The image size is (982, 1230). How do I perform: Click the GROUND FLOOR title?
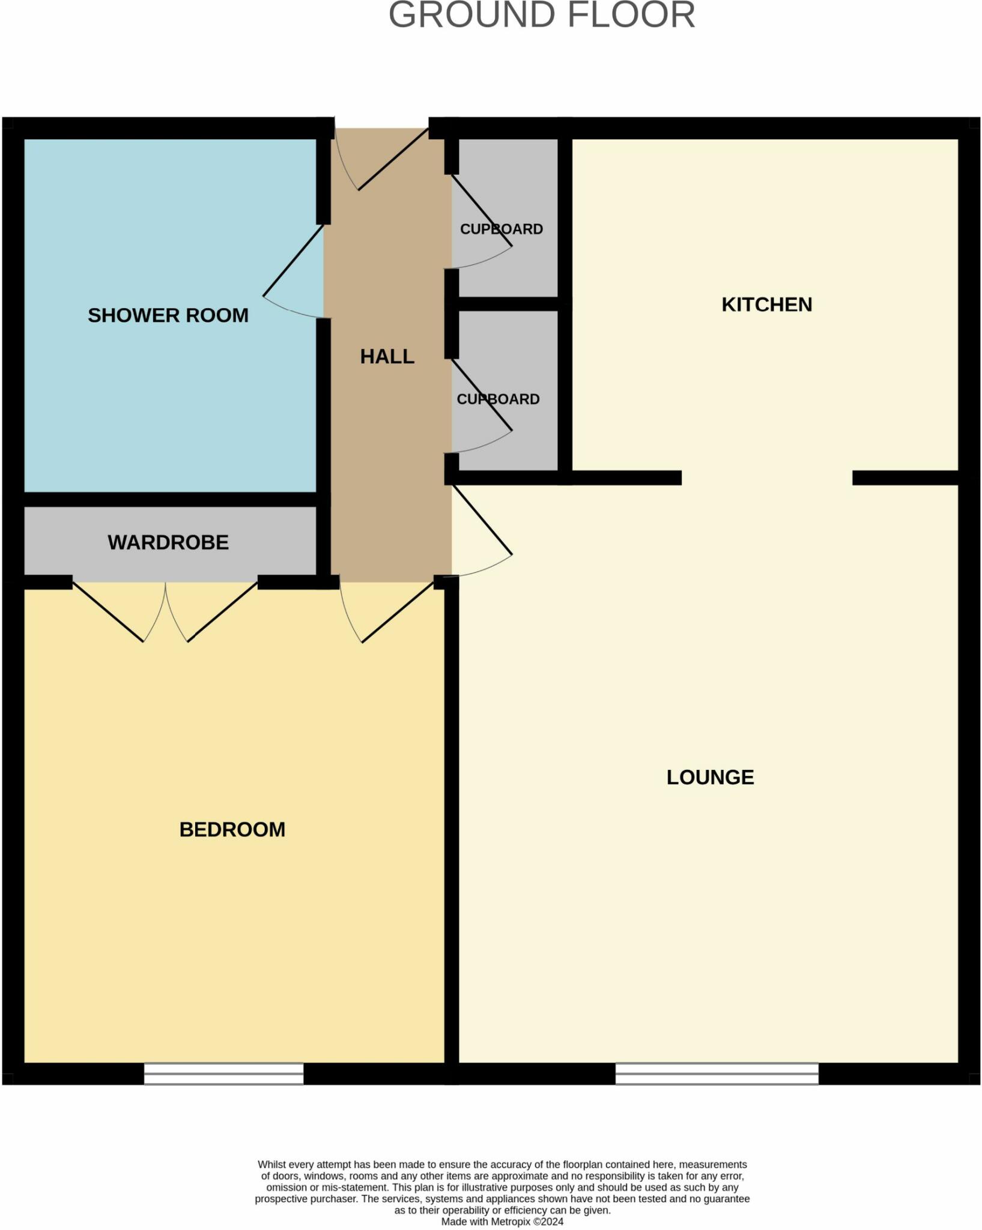[542, 16]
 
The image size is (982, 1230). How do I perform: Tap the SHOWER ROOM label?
[168, 315]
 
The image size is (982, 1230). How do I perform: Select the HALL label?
[387, 357]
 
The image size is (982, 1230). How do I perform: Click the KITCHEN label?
[766, 304]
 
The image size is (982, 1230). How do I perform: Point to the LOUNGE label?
[710, 777]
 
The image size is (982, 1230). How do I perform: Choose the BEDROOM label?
[232, 829]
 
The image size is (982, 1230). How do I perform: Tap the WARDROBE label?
[168, 542]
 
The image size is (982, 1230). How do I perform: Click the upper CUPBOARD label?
[501, 229]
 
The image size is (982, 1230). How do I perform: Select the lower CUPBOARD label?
[498, 399]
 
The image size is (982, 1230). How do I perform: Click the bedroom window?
[223, 1073]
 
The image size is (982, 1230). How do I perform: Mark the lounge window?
[717, 1073]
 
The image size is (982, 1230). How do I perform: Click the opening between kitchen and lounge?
[766, 478]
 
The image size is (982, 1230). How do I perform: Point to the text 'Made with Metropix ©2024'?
[502, 1222]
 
